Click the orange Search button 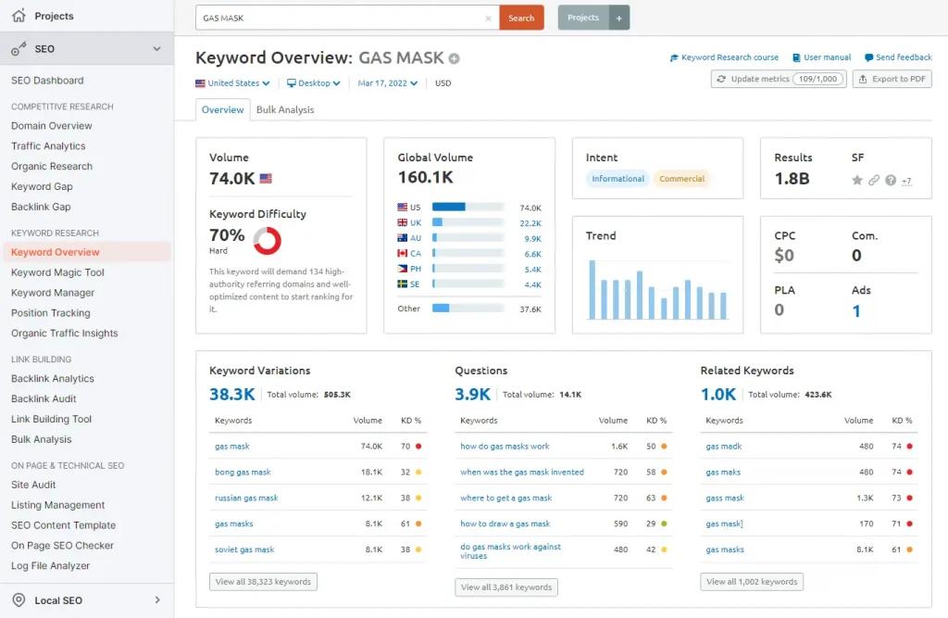pos(521,18)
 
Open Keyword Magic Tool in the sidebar pos(57,272)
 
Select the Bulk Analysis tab pos(285,109)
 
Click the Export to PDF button pos(892,79)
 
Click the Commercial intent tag pos(681,179)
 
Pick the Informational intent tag pos(617,179)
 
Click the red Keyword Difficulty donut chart pos(267,241)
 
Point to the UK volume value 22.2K pos(530,223)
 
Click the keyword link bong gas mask pos(243,473)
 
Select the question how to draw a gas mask pos(505,523)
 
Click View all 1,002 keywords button pos(752,582)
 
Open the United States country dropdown pos(233,83)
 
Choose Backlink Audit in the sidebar pos(44,398)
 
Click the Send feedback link pos(898,57)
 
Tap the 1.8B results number pos(792,179)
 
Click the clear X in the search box pos(489,18)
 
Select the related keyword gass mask pos(725,498)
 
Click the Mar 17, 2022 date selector pos(388,83)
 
